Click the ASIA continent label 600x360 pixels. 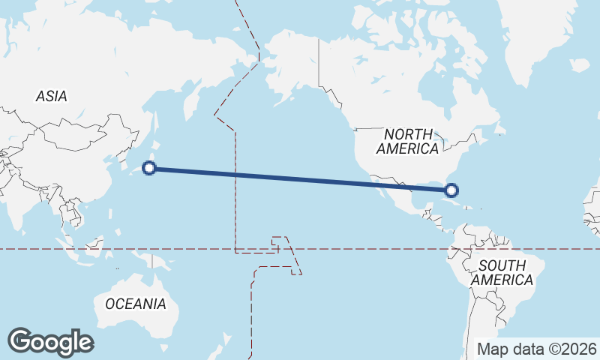52,96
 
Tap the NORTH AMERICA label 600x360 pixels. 407,141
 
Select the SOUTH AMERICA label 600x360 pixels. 508,272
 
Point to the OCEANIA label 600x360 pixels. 136,304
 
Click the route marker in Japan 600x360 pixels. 150,168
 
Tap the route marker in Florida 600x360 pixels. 450,190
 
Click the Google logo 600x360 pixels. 50,342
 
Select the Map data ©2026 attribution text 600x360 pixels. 537,349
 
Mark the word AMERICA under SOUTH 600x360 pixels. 508,280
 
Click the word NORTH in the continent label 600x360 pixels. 408,133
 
